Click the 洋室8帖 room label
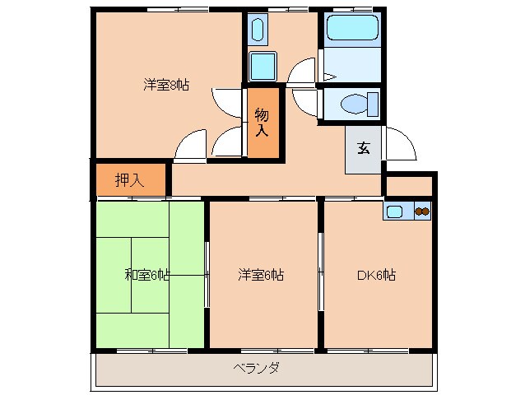(166, 84)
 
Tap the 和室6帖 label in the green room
(147, 275)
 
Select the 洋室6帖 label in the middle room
(261, 275)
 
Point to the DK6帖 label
(376, 275)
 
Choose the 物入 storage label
(262, 121)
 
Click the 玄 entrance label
(363, 149)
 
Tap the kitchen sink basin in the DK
(395, 211)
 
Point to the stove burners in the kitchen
(421, 211)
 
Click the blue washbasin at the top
(255, 31)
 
